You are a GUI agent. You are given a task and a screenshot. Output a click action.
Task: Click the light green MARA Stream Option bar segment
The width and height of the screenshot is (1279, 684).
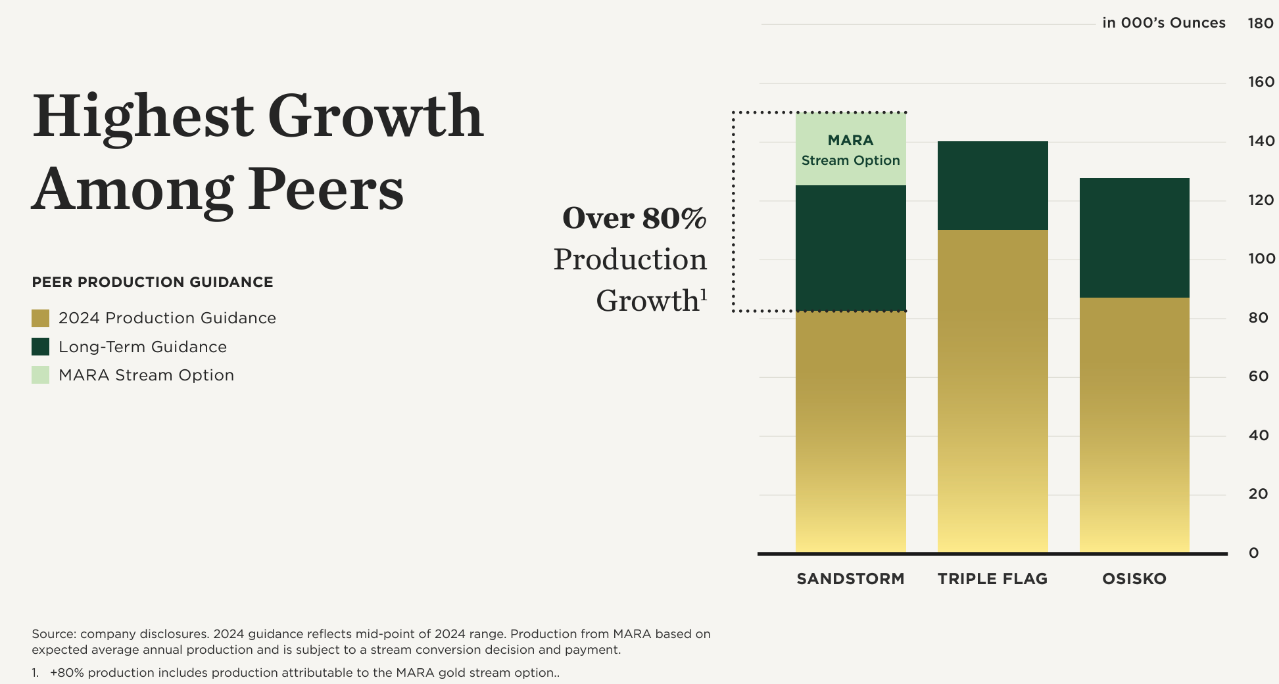(851, 149)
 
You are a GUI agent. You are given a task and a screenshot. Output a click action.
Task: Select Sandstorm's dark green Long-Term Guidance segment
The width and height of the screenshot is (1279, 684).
(851, 248)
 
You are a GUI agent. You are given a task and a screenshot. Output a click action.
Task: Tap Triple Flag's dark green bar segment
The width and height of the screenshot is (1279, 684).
(993, 185)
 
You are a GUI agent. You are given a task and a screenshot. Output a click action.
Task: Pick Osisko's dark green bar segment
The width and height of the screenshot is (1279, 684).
(1134, 238)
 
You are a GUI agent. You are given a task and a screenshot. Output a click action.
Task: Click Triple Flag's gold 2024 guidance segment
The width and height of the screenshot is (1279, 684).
(993, 391)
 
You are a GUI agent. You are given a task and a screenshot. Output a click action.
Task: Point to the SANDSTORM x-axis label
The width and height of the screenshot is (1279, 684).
(851, 579)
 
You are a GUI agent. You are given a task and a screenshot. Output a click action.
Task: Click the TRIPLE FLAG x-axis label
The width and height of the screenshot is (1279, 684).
(993, 579)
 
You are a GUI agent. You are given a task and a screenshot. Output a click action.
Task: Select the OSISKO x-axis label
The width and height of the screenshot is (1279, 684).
(1134, 579)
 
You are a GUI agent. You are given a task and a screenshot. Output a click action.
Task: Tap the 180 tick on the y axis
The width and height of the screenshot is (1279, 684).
(1261, 24)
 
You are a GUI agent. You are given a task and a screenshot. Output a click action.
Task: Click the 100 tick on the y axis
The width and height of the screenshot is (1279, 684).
(1262, 259)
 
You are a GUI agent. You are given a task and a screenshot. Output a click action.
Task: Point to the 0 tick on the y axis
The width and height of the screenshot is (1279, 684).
(1254, 553)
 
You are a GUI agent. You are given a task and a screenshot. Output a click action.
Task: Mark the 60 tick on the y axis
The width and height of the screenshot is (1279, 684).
(1259, 376)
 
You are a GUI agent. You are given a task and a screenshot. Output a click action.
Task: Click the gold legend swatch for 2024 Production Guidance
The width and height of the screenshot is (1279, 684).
(41, 319)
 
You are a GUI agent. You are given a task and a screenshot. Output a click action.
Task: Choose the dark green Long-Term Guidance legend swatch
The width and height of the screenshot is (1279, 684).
(41, 347)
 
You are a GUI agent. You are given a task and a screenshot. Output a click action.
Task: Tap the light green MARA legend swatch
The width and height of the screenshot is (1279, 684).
(41, 375)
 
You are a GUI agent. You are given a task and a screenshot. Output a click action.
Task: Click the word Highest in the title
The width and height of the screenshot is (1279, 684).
(143, 117)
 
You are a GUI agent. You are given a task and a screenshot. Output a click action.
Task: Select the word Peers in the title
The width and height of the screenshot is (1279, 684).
(326, 189)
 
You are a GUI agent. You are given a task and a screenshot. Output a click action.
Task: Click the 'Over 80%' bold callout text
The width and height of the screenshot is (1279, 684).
(635, 219)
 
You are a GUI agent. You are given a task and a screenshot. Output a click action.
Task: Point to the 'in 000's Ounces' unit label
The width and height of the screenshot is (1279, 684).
(1164, 23)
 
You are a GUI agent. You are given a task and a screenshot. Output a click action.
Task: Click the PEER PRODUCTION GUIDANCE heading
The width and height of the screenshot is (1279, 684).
(153, 283)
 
